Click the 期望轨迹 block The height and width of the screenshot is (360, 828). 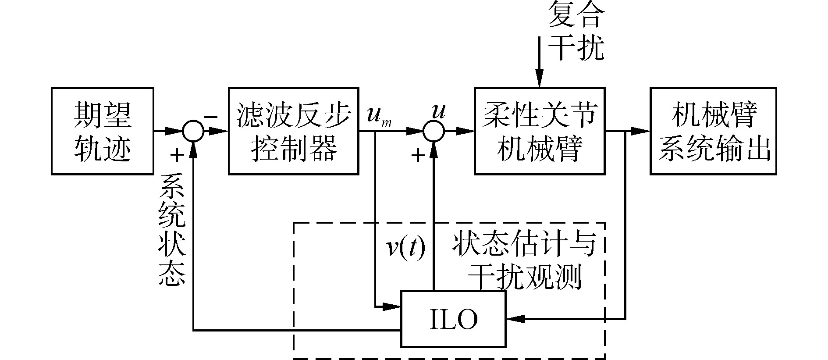click(102, 131)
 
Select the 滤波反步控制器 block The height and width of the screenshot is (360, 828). click(293, 131)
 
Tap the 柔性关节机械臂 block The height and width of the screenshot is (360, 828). click(540, 131)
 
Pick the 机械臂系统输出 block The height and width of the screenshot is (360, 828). click(713, 131)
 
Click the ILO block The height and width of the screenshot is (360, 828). click(453, 319)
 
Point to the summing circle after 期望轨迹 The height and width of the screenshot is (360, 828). click(193, 131)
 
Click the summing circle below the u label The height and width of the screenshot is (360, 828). click(434, 131)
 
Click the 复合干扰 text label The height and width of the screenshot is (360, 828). click(576, 33)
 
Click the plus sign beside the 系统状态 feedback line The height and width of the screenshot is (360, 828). click(177, 154)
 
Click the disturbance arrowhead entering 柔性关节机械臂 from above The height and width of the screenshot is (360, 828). click(539, 81)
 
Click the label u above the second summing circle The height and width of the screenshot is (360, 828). click(438, 112)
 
